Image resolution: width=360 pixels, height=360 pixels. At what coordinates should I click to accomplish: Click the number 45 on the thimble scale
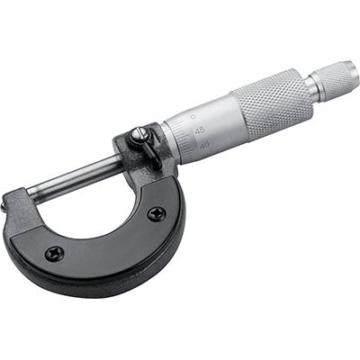[x=199, y=128]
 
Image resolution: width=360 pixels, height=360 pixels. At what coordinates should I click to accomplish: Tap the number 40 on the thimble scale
[x=204, y=144]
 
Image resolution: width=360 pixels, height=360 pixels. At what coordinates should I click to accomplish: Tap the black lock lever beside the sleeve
[x=148, y=149]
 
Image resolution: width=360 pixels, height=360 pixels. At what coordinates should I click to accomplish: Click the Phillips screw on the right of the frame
[x=157, y=213]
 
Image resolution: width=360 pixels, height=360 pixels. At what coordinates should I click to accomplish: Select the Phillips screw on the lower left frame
[x=54, y=253]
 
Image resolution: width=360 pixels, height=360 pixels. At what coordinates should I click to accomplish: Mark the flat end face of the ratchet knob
[x=355, y=72]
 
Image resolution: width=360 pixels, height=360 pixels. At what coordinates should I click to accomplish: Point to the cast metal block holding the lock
[x=135, y=162]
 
